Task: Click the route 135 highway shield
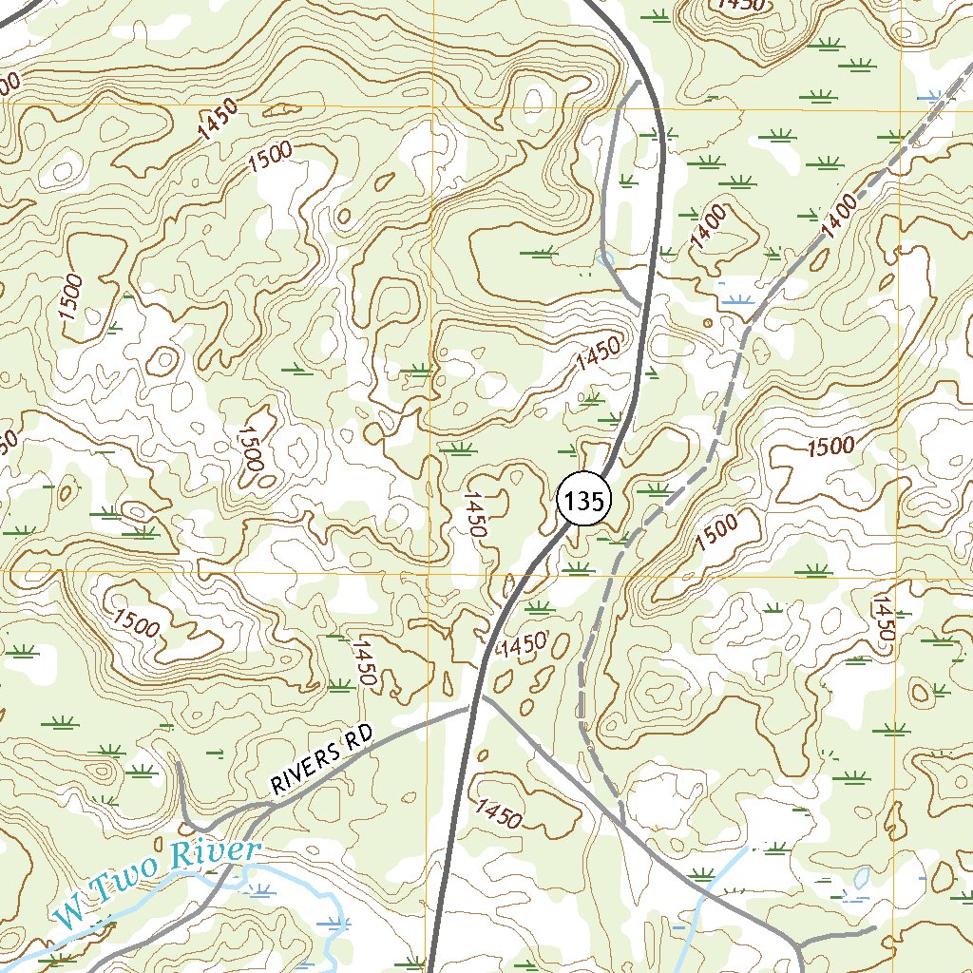(582, 501)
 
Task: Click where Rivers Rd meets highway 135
(468, 707)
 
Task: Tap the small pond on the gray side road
(605, 257)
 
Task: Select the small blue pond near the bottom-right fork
(860, 878)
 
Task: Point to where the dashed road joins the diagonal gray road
(622, 823)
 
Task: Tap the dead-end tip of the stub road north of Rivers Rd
(179, 763)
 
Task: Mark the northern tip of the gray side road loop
(639, 84)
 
